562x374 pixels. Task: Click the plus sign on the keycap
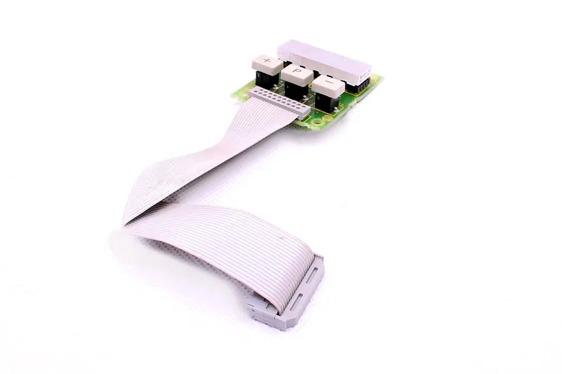267,60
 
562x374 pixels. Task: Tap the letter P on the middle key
296,71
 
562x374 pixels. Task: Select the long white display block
324,61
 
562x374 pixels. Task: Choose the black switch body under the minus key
326,101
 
